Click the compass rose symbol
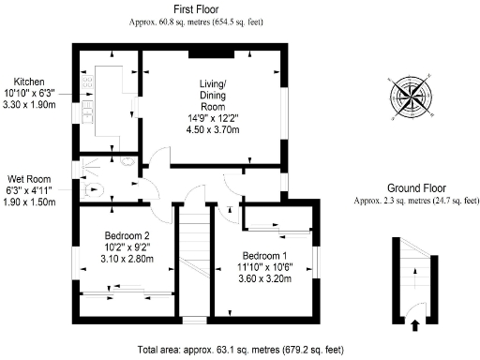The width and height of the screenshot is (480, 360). (409, 94)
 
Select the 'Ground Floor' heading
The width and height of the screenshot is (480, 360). (416, 187)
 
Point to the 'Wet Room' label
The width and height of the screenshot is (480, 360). (28, 178)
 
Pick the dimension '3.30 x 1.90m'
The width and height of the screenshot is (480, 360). (29, 104)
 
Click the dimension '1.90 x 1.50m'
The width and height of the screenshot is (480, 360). (28, 202)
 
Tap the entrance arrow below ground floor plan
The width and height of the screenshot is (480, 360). (415, 325)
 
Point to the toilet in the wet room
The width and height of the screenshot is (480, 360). (90, 187)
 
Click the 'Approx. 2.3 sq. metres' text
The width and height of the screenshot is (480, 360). (416, 200)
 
